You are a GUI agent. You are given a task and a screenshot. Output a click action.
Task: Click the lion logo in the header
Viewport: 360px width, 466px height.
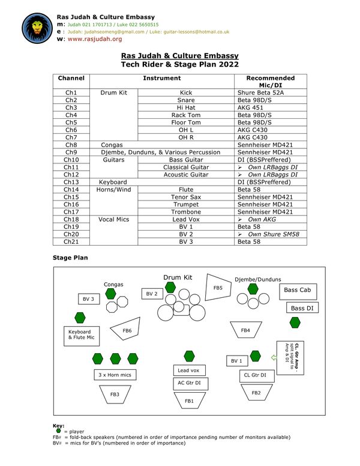(37, 28)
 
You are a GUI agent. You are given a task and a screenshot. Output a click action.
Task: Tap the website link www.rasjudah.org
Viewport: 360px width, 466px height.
(95, 39)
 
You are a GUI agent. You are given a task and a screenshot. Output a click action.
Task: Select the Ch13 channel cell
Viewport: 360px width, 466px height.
(71, 182)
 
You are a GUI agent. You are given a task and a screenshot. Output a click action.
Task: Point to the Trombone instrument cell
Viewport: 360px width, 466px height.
(186, 212)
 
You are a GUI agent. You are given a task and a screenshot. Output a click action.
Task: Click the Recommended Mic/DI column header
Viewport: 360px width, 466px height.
(270, 82)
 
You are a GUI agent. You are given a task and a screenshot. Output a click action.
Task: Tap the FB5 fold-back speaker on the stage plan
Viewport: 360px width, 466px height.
(218, 288)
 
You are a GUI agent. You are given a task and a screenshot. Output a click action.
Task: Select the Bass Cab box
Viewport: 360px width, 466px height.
(298, 291)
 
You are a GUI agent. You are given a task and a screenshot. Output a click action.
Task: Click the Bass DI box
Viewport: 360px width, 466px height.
(302, 307)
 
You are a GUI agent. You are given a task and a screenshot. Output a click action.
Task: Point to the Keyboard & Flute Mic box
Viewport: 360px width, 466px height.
(82, 336)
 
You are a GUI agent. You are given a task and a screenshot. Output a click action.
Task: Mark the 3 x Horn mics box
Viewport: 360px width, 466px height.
(115, 375)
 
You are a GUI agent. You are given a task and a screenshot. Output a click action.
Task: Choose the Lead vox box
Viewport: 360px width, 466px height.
(189, 371)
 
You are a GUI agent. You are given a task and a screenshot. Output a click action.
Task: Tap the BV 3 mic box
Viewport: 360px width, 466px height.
(89, 299)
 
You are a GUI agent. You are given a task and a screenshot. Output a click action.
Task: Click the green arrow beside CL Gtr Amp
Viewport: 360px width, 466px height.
(274, 357)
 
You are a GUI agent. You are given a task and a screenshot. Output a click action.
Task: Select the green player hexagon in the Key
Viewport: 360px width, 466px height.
(58, 431)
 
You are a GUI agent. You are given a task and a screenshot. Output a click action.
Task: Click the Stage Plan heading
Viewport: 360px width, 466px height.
(70, 258)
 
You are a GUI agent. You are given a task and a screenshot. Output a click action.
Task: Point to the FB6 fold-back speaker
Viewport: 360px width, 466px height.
(126, 330)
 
